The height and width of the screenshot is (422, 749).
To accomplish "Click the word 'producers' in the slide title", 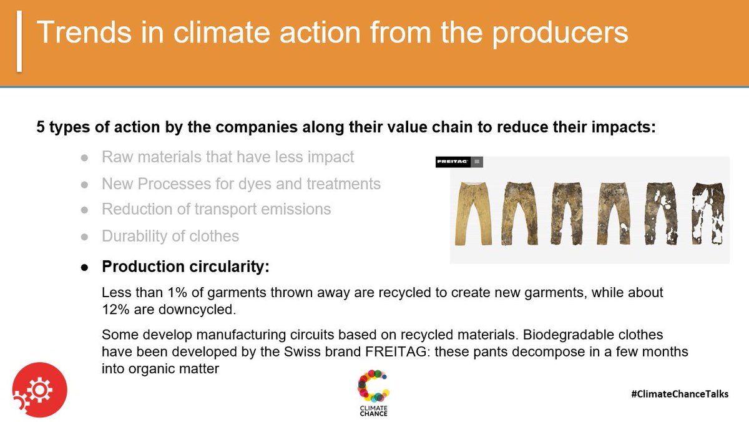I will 561,33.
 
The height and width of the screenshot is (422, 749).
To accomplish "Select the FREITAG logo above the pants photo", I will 453,162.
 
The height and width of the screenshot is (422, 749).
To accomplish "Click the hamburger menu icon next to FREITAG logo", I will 477,162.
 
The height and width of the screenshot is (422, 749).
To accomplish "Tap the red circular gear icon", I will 39,389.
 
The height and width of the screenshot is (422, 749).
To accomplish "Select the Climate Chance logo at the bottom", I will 373,393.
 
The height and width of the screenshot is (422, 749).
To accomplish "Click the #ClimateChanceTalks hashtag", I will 680,394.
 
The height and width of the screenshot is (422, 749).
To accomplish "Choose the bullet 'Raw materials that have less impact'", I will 228,157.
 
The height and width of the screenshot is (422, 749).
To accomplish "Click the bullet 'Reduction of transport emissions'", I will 216,209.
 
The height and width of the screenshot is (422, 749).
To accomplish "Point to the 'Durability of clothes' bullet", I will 170,236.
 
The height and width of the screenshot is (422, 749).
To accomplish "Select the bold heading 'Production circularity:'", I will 185,267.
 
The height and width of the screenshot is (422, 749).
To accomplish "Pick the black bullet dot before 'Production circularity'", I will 84,267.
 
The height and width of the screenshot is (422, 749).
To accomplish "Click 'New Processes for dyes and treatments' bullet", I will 241,184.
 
